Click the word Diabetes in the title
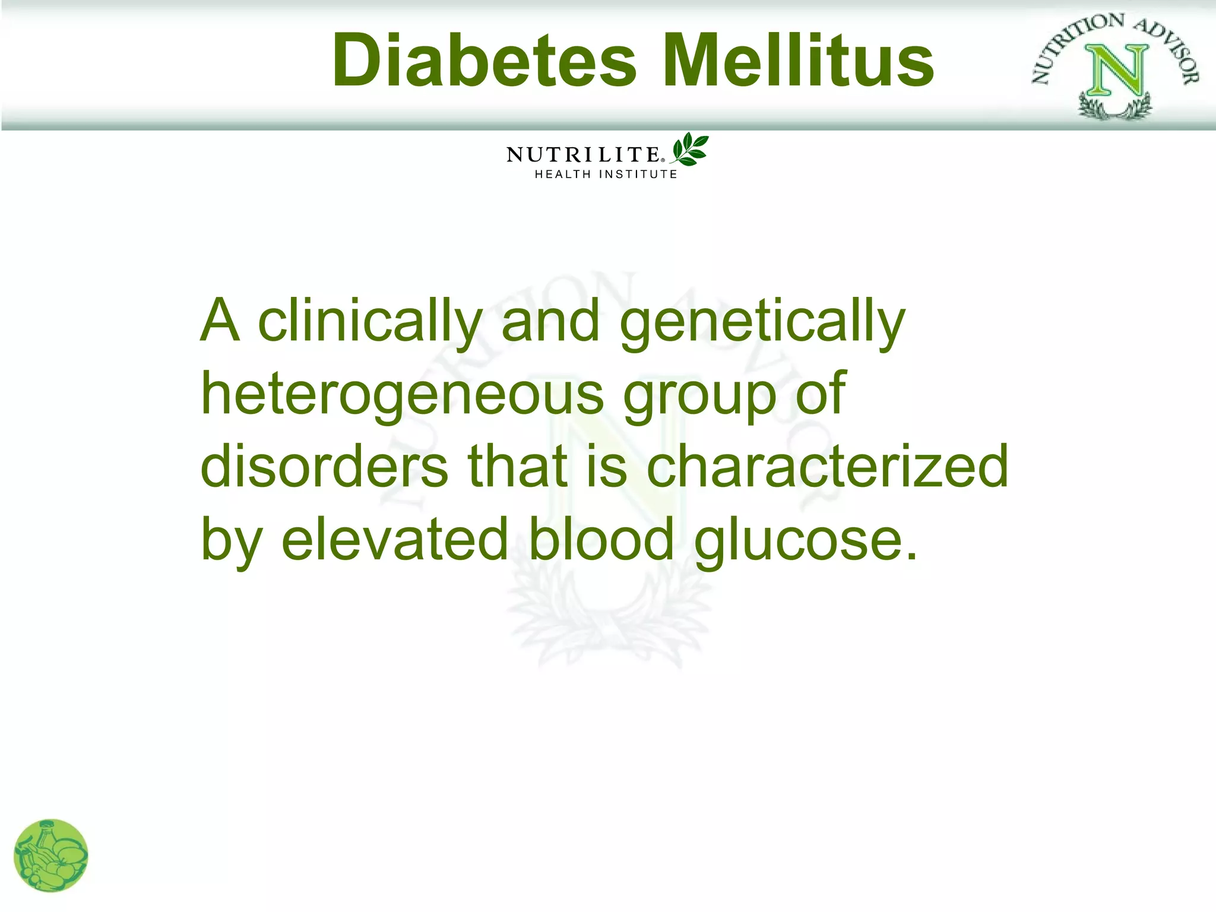click(484, 61)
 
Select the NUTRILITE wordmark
click(583, 155)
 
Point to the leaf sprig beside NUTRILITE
click(690, 149)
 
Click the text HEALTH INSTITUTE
click(606, 175)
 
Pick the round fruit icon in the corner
click(51, 856)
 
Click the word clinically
click(370, 321)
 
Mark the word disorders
click(324, 467)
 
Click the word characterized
click(826, 467)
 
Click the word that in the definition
click(517, 467)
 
